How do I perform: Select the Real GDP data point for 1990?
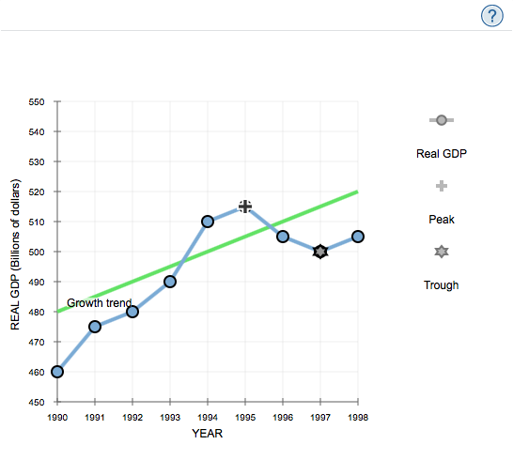click(57, 371)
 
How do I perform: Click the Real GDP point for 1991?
click(95, 326)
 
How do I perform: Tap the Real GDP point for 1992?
click(132, 312)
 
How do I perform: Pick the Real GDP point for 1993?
click(170, 282)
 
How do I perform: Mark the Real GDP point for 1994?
click(208, 222)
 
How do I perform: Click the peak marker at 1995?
click(245, 207)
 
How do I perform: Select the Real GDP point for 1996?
click(283, 237)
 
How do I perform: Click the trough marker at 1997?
click(320, 252)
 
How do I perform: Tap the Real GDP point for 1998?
click(358, 237)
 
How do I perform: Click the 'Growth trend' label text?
click(99, 303)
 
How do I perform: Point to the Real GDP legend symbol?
click(441, 120)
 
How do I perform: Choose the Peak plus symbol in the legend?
click(441, 186)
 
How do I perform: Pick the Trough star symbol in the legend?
click(441, 252)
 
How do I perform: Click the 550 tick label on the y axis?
click(37, 101)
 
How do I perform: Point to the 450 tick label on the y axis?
click(37, 402)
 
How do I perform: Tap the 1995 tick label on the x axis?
click(245, 416)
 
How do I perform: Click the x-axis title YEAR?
click(207, 434)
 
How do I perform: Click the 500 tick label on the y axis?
click(37, 252)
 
